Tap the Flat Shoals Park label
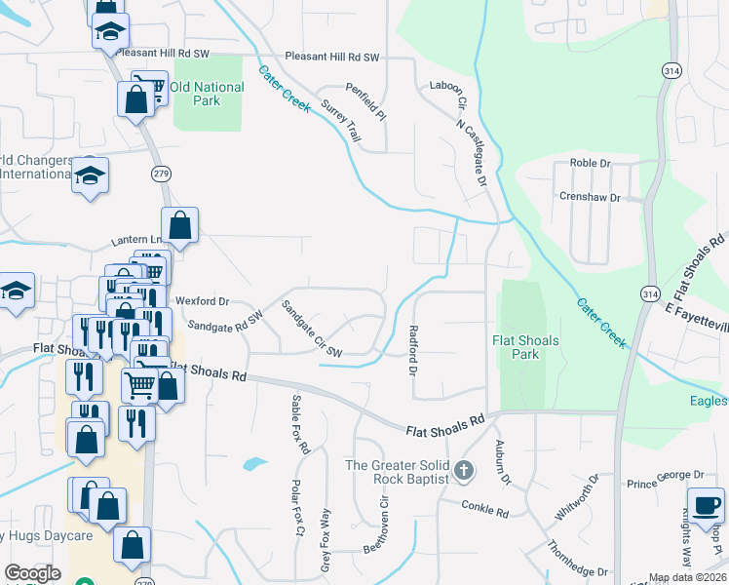518,346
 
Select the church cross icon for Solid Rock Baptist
464,471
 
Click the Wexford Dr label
202,301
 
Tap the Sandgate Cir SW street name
312,329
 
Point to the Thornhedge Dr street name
577,559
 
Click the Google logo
32,573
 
